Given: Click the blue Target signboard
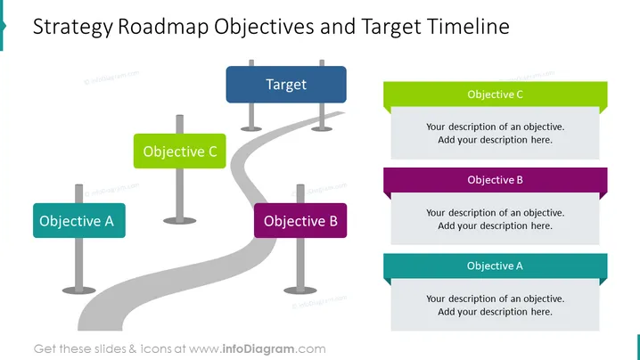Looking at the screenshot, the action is pyautogui.click(x=286, y=85).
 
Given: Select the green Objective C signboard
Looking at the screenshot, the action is pyautogui.click(x=179, y=151).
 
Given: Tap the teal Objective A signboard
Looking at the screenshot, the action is pyautogui.click(x=79, y=220).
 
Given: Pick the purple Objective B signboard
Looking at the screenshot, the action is pyautogui.click(x=300, y=220).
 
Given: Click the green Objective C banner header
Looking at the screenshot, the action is pyautogui.click(x=495, y=94).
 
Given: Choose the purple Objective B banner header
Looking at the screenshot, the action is pyautogui.click(x=495, y=180).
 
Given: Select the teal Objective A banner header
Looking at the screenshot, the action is pyautogui.click(x=495, y=266).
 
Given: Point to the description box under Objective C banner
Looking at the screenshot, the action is pyautogui.click(x=495, y=133).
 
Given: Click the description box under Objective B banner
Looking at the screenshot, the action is pyautogui.click(x=495, y=219).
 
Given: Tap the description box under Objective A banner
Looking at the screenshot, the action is pyautogui.click(x=495, y=305).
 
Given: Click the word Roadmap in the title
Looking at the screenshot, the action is pyautogui.click(x=163, y=27).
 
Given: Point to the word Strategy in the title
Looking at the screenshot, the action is pyautogui.click(x=73, y=28).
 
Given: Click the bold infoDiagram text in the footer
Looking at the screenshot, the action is pyautogui.click(x=258, y=349).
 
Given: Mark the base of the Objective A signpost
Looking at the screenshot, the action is pyautogui.click(x=78, y=290).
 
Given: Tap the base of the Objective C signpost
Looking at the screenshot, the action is pyautogui.click(x=179, y=221).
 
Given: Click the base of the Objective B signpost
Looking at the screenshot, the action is pyautogui.click(x=300, y=290).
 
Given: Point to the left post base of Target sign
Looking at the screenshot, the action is pyautogui.click(x=251, y=129).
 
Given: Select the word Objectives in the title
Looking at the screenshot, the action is pyautogui.click(x=264, y=28).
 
